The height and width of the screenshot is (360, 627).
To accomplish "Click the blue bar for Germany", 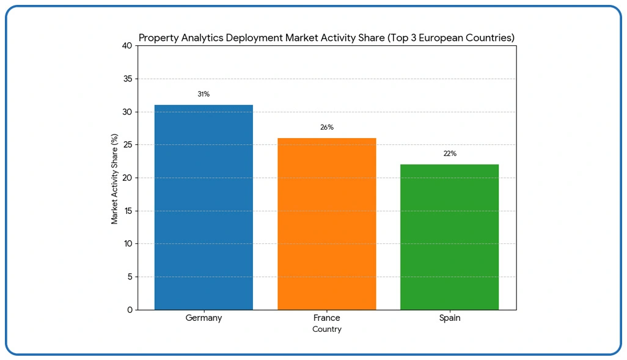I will point(204,207).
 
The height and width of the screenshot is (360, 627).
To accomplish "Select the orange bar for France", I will point(326,224).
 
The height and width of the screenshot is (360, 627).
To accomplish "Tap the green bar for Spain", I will point(449,237).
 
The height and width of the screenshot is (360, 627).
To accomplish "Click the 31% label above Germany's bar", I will point(204,94).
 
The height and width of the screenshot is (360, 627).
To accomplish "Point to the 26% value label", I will point(326,127).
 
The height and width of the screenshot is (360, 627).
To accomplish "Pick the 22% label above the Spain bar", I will point(449,153).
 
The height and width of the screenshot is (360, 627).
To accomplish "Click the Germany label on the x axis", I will point(204,318).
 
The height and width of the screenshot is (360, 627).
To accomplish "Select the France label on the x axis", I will point(326,318).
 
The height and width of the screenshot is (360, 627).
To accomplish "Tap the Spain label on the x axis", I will point(449,318).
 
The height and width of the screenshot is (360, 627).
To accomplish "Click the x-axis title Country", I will point(326,329).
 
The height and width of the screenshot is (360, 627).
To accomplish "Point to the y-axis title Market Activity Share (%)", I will point(114,178).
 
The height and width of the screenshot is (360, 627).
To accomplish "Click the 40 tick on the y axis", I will point(127,46).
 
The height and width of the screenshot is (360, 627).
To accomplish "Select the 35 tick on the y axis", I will point(127,79).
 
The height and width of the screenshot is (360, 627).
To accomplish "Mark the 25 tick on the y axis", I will point(127,145).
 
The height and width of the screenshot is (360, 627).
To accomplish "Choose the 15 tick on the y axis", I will point(127,211).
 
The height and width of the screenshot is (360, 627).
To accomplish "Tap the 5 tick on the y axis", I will point(129,277).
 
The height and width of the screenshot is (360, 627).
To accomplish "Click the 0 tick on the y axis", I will point(129,310).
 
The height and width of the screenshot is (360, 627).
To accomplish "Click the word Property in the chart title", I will point(158,38).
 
